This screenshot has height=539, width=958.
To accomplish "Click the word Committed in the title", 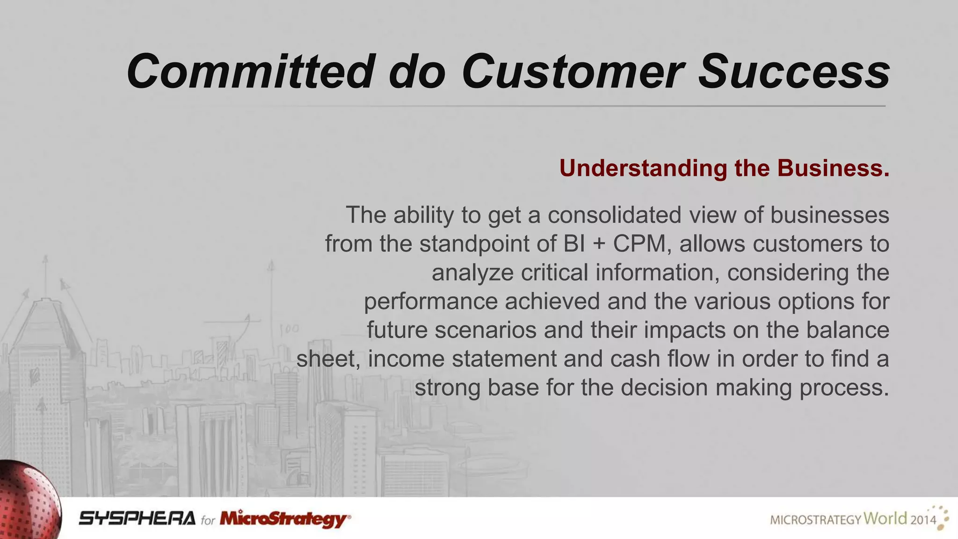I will point(250,72).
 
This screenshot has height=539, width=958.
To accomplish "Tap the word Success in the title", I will point(793,72).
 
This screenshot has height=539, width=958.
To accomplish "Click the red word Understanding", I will point(643,168).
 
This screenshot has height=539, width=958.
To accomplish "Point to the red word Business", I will point(834,168).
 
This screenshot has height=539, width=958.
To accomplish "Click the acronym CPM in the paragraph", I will point(639,244).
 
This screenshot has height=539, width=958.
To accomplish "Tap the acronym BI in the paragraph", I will point(574,244).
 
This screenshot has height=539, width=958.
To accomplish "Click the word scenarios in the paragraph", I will point(485,330).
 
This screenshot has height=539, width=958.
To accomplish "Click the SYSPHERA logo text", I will point(137,518).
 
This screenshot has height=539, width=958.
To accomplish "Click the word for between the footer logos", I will point(208,520).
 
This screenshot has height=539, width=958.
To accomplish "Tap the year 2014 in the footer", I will point(923,519).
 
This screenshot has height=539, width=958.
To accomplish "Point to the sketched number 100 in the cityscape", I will point(289,329).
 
